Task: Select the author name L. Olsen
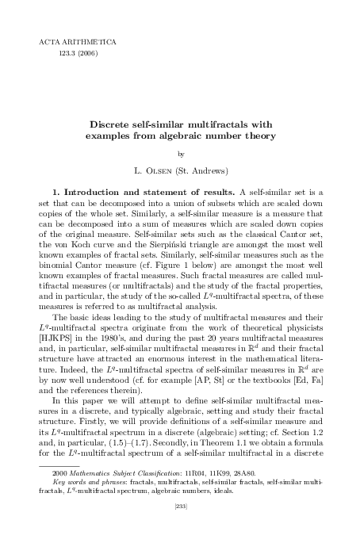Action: coord(158,170)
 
